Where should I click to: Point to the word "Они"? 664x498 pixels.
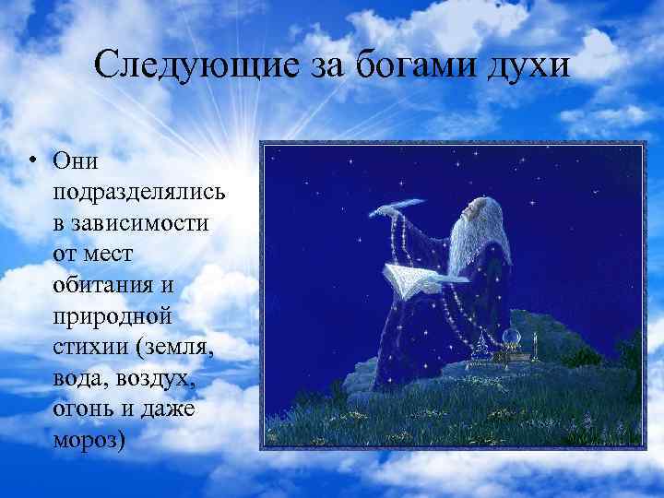click(76, 160)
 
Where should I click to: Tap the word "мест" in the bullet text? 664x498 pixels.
click(116, 255)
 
